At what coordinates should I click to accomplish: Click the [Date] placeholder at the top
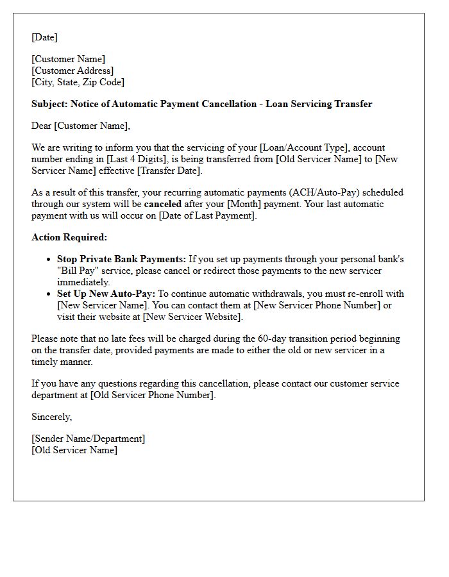(x=44, y=37)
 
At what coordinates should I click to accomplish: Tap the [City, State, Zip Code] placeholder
(x=78, y=82)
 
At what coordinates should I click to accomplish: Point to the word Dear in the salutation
(x=42, y=126)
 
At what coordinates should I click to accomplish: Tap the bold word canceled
(x=162, y=204)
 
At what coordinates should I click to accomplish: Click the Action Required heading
(x=69, y=237)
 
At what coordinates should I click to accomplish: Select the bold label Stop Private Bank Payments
(x=121, y=259)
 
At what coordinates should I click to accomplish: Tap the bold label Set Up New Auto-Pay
(x=106, y=294)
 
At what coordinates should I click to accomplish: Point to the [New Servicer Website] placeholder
(x=192, y=317)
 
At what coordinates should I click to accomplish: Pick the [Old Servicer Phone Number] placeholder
(x=153, y=395)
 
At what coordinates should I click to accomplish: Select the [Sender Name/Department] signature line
(x=88, y=439)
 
